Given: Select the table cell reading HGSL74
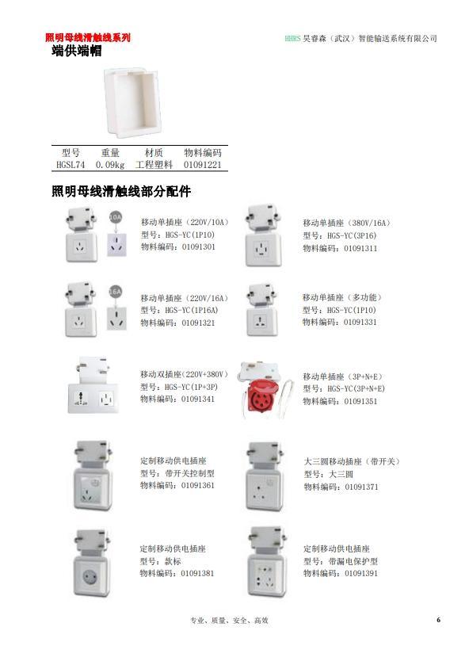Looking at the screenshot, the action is (71, 165).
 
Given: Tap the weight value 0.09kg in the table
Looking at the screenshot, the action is (110, 165).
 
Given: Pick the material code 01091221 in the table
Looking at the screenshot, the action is (202, 165).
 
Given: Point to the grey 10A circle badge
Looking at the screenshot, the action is (115, 217).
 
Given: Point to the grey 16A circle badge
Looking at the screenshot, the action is (115, 292).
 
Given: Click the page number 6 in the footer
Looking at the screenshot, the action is (438, 620).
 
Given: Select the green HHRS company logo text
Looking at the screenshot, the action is (292, 38).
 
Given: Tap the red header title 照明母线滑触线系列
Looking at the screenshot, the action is (88, 37).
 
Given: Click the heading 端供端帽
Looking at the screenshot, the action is (77, 51).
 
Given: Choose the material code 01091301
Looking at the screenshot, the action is (199, 247).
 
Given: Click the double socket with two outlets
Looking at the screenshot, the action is (93, 385).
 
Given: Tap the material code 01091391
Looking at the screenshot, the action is (361, 573).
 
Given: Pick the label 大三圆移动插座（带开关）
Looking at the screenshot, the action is (352, 461).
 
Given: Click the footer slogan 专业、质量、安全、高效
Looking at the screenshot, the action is (229, 620).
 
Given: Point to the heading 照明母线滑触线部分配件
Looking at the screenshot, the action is (121, 191).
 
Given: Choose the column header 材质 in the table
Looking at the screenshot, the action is (154, 153).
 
